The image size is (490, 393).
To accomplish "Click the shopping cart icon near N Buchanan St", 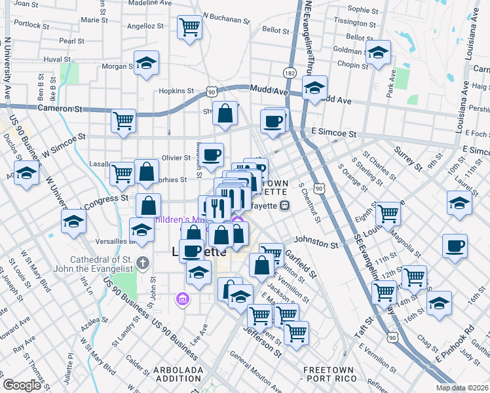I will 189,28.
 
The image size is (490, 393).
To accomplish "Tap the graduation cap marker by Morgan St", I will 146,63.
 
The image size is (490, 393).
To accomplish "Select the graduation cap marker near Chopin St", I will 378,53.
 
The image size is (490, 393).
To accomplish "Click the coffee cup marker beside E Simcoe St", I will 273,121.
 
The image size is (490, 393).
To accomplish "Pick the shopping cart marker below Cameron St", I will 123,121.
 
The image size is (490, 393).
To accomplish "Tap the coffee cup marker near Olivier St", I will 211,155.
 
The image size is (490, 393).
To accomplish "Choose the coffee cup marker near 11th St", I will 455,246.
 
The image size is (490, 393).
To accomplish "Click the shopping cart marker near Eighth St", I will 388,213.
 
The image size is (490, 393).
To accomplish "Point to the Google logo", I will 22,384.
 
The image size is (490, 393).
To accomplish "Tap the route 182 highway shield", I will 290,71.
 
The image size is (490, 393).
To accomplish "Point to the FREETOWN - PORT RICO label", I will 329,374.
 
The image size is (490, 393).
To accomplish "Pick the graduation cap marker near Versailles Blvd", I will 141,230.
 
